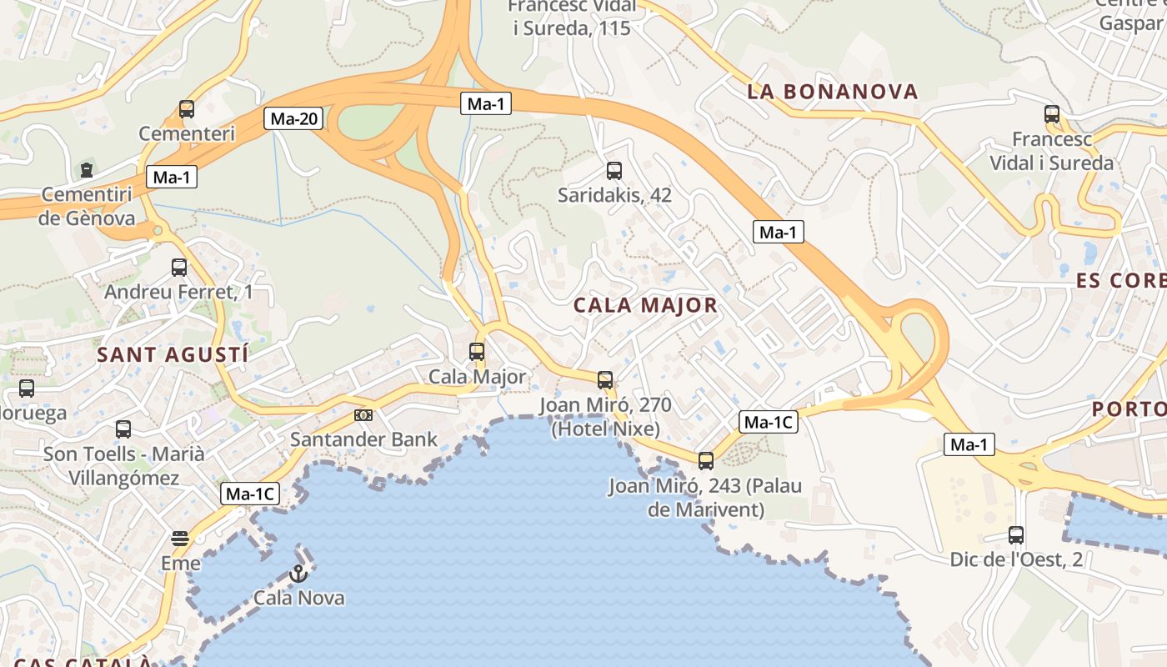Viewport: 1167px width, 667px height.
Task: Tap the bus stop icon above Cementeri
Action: click(x=187, y=109)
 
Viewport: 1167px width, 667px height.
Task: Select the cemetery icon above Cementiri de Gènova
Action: click(x=87, y=170)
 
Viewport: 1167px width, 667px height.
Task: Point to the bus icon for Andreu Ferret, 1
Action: click(x=179, y=268)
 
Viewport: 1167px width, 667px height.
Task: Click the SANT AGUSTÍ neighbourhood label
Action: click(x=173, y=354)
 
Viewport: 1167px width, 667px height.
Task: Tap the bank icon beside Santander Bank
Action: click(x=363, y=414)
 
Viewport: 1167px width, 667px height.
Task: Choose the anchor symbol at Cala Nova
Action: click(x=298, y=574)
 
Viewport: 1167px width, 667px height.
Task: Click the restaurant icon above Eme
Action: click(x=180, y=539)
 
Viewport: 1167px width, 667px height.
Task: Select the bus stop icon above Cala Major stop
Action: click(x=477, y=352)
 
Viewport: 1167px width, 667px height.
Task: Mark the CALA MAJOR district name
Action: click(x=645, y=305)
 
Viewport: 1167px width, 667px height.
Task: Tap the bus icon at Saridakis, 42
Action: click(x=614, y=171)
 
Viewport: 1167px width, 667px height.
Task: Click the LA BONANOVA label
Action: click(x=832, y=92)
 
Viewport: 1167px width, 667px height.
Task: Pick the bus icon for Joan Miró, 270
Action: click(x=605, y=380)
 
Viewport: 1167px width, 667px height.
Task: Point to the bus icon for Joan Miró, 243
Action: click(x=706, y=460)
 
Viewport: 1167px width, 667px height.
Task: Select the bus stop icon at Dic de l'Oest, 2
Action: click(x=1016, y=535)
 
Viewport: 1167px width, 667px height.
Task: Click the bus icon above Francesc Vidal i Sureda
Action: click(x=1052, y=114)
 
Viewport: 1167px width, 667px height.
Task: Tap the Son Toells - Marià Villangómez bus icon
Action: click(x=123, y=429)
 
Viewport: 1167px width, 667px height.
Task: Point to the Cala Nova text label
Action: click(x=298, y=598)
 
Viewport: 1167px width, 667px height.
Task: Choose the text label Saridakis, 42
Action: click(x=614, y=196)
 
